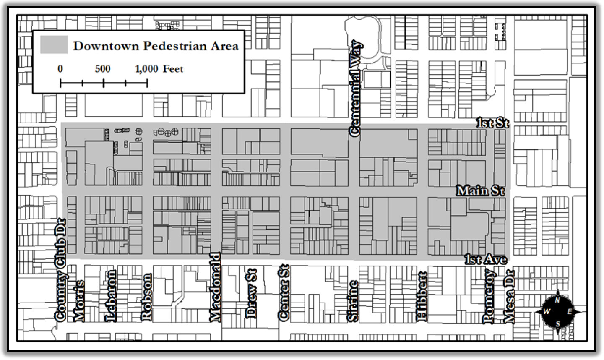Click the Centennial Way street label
pos(356,88)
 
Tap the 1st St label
pos(492,123)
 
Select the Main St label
pos(480,191)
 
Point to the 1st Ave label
pos(486,259)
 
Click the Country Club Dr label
pos(60,270)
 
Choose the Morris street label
pos(79,301)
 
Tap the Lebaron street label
pos(111,296)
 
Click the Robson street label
pos(146,297)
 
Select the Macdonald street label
pos(215,287)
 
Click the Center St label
pos(284,293)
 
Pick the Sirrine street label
pos(352,301)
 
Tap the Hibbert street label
pos(422,297)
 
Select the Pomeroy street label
pos(489,296)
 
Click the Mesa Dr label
pos(509,296)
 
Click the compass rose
pos(557,312)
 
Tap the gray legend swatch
pos(54,44)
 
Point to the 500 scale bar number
pos(103,69)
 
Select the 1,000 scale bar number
pos(146,69)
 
